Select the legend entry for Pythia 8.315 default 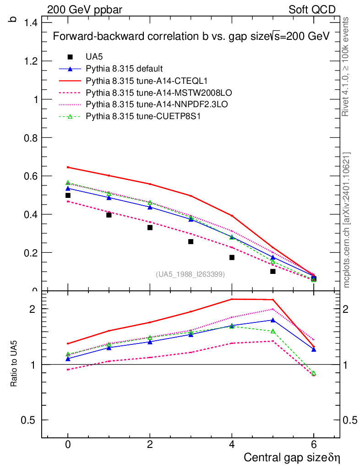coord(124,69)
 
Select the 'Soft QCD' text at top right coord(312,10)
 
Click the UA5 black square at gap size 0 coord(68,196)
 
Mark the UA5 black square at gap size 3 coord(191,241)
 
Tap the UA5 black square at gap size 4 coord(232,257)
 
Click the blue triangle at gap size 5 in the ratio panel coord(273,320)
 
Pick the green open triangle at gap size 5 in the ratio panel coord(273,331)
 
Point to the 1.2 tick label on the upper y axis coord(32,61)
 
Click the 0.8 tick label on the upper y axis coord(32,137)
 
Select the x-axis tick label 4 coord(232,444)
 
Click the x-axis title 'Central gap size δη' coord(292,458)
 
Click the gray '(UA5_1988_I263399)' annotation coord(190,274)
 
